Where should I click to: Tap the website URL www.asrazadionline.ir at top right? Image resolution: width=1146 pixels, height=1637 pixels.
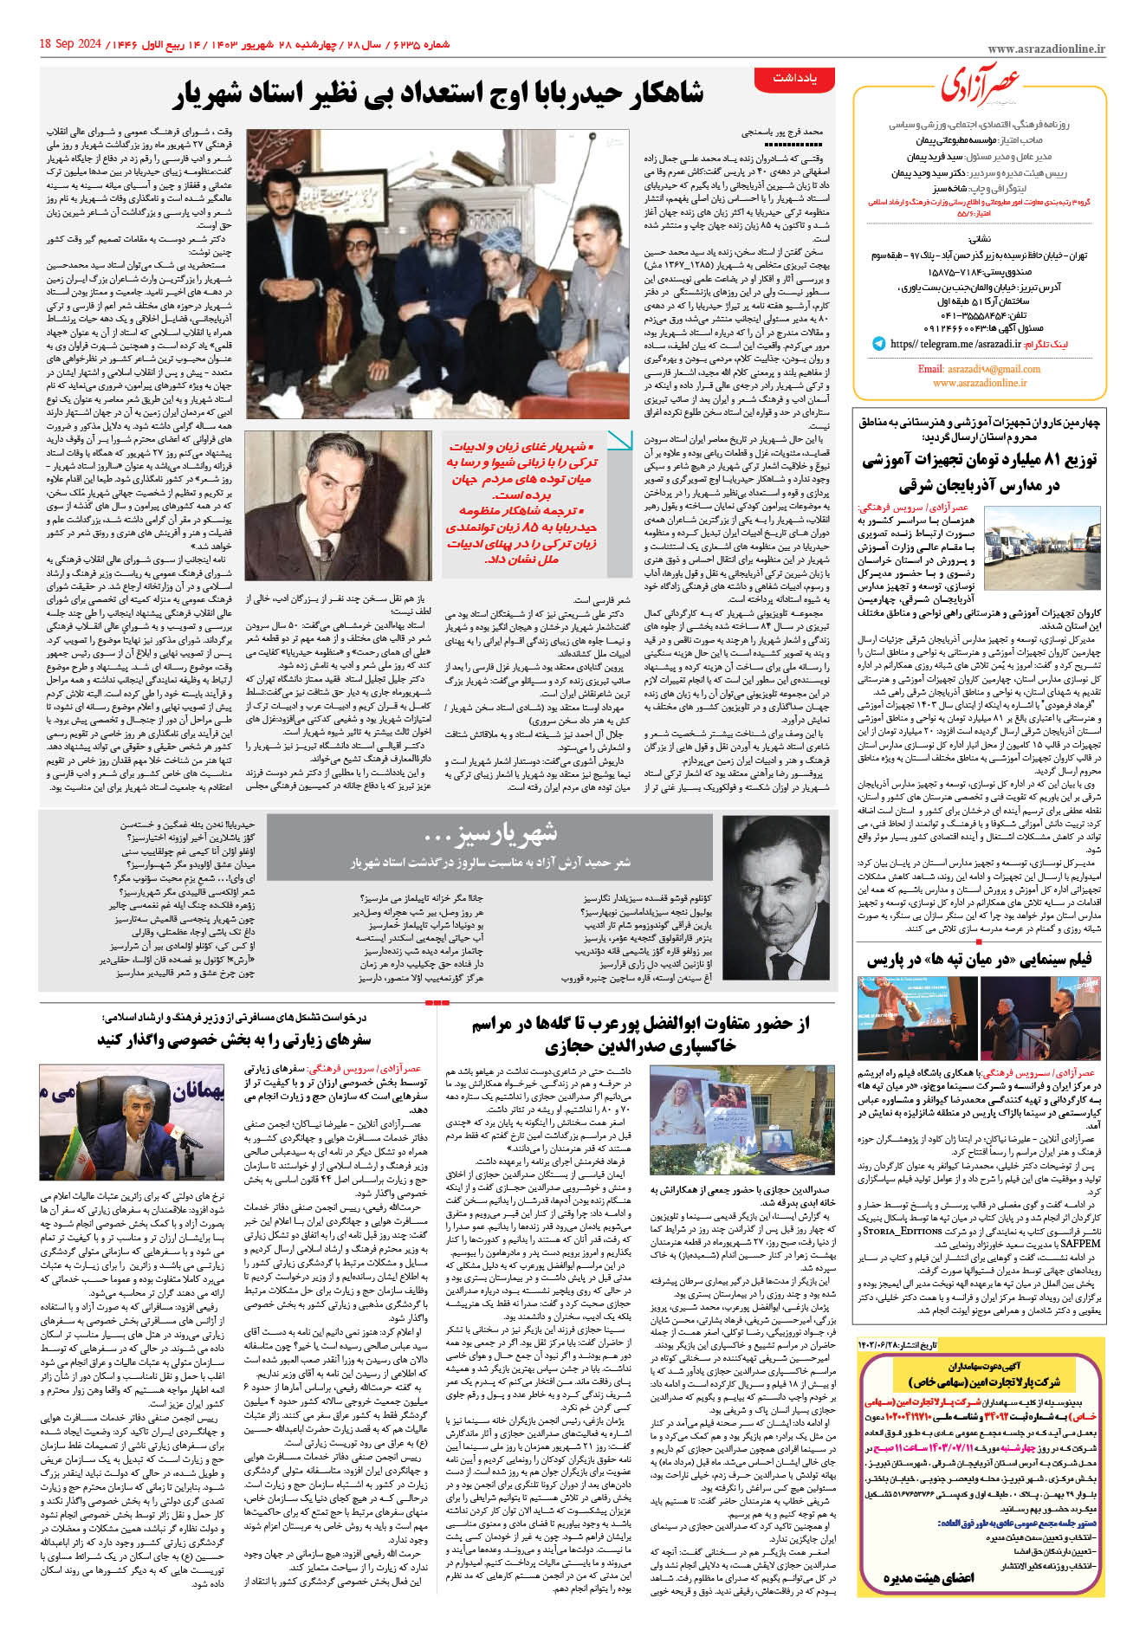[1046, 50]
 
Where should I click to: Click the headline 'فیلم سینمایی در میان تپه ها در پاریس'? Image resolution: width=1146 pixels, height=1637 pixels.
[979, 960]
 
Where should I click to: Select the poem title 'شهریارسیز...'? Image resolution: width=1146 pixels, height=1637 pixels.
[489, 835]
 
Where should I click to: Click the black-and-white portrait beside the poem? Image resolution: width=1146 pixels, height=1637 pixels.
[775, 900]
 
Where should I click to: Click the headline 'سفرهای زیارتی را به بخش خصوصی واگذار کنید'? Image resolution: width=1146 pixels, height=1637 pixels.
[234, 1038]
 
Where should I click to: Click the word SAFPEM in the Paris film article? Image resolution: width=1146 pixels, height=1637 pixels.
[1078, 1243]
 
